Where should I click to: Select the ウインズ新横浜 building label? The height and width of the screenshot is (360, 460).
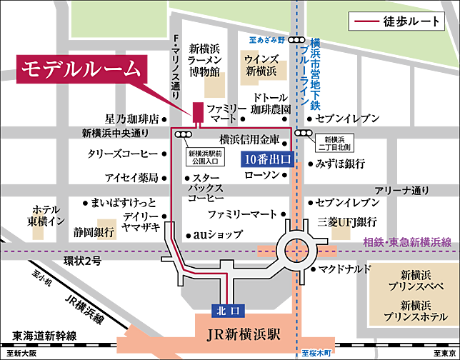261,66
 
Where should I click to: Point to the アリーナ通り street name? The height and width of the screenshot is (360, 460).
402,190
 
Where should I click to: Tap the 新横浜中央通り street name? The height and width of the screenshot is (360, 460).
115,133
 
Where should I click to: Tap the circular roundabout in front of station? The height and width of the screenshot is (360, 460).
296,250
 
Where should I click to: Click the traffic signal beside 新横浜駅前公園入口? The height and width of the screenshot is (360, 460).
184,134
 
